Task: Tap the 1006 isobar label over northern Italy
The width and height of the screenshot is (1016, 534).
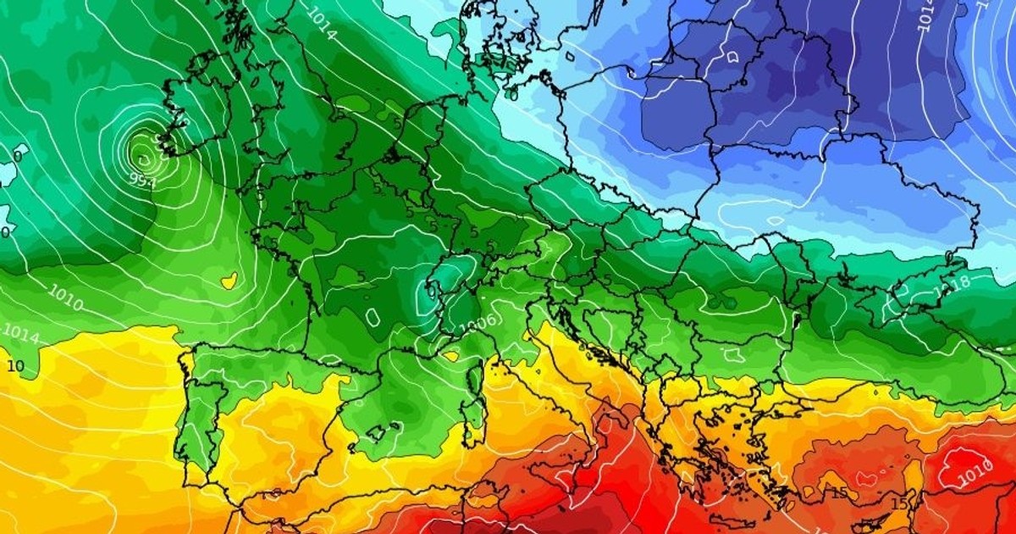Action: click(x=478, y=322)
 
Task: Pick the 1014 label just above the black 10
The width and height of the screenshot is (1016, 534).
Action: click(x=20, y=335)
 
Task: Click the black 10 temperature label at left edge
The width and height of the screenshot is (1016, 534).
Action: click(x=14, y=366)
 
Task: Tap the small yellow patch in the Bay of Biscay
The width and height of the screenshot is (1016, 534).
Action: click(x=228, y=279)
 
